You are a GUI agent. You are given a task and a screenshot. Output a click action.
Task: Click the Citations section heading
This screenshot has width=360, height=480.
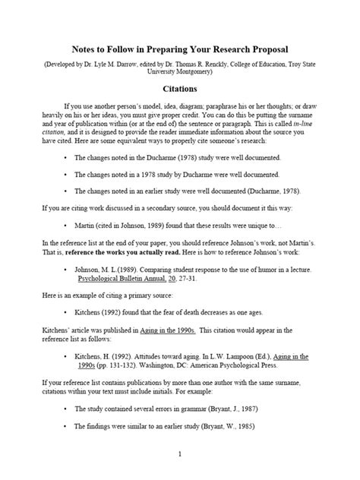tap(180, 88)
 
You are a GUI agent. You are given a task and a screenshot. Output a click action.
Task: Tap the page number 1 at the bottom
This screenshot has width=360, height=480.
tap(180, 454)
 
